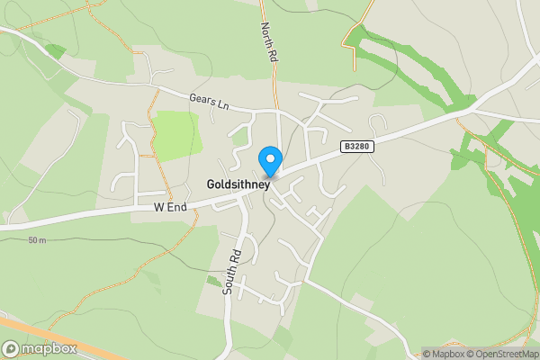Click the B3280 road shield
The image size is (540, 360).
[x=356, y=145]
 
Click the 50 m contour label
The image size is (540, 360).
[x=37, y=240]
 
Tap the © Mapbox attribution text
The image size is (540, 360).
[x=445, y=354]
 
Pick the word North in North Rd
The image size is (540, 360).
[x=265, y=35]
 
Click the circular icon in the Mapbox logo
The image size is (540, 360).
[x=12, y=348]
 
